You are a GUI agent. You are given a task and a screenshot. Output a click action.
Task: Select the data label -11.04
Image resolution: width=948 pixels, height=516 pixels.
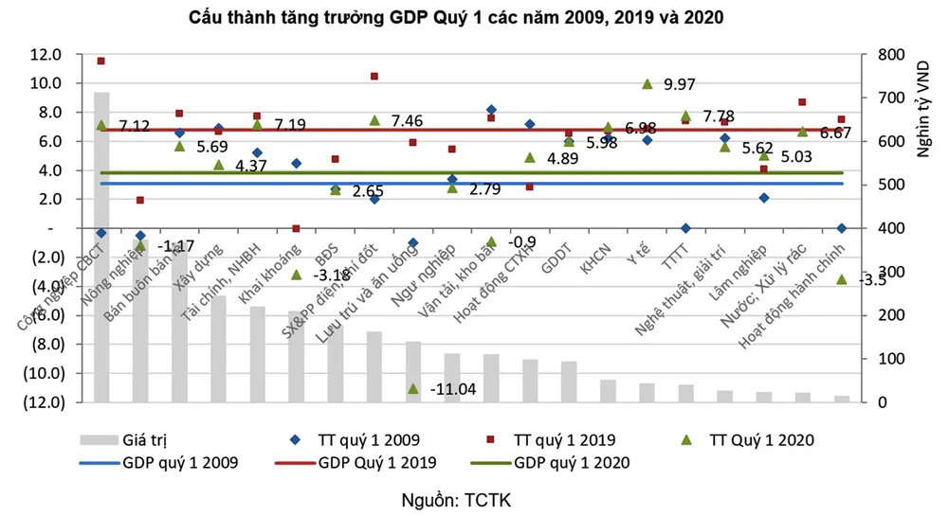point(452,390)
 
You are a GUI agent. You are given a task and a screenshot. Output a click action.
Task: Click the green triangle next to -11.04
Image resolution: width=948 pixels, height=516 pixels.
point(412,388)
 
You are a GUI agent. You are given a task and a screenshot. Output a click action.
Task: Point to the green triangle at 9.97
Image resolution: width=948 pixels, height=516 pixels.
point(647,84)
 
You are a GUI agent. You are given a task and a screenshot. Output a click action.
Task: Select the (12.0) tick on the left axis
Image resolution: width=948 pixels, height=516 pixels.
point(45,401)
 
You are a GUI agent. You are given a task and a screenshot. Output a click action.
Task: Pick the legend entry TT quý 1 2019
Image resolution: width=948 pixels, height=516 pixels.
point(565,439)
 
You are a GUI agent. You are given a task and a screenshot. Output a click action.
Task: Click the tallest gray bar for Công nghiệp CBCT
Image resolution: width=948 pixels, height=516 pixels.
point(101,246)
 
